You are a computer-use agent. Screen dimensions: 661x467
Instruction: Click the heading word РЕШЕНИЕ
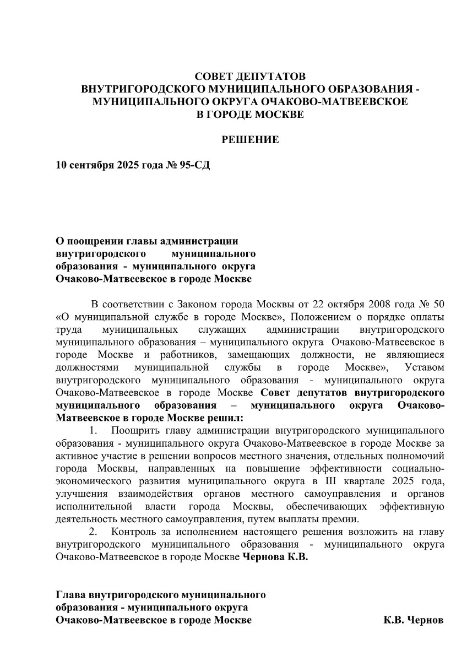point(250,140)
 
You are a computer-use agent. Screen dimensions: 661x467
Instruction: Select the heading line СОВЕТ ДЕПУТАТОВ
point(250,77)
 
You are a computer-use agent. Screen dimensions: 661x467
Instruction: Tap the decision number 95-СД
point(194,165)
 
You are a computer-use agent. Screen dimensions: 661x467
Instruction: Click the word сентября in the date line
point(91,165)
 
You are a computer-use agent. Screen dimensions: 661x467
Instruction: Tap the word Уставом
point(424,367)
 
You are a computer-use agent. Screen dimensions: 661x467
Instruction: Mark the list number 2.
point(93,532)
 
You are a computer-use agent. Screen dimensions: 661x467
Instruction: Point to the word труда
point(69,329)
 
